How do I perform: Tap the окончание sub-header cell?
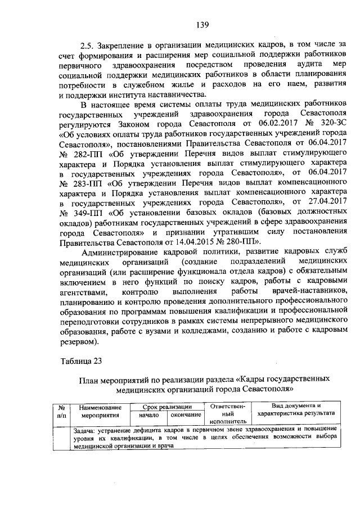[186, 415]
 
